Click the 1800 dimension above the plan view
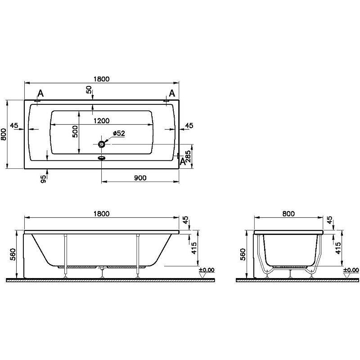[x=102, y=79]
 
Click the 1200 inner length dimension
[x=102, y=121]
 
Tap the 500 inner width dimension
[x=75, y=131]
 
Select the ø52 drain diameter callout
[x=119, y=133]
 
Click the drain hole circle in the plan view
[x=102, y=144]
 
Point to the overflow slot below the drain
[x=102, y=158]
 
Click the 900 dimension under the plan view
[x=140, y=178]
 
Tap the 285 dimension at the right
[x=188, y=156]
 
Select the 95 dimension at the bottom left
[x=43, y=179]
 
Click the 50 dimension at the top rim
[x=89, y=90]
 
